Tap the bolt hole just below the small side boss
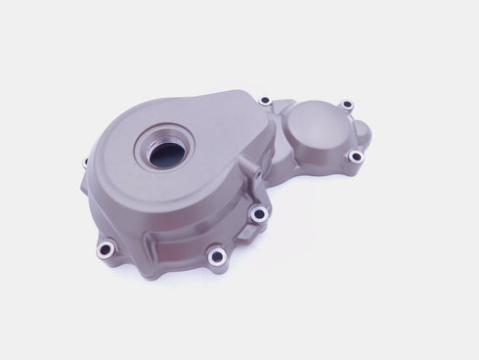(257, 212)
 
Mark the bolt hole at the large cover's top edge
(264, 101)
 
